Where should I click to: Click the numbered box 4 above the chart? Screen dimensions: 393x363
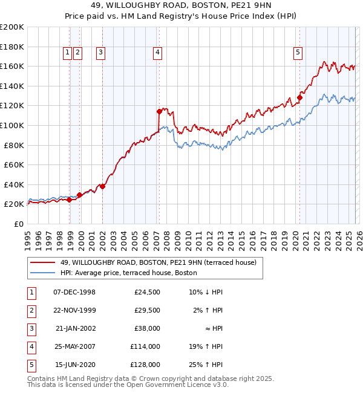click(157, 53)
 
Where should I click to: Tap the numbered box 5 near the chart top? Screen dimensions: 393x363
click(298, 53)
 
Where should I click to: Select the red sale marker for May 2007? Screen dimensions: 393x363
click(159, 111)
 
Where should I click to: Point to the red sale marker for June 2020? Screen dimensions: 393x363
click(299, 97)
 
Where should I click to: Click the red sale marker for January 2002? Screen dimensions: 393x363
click(102, 186)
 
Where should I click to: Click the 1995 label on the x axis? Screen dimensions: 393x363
click(28, 239)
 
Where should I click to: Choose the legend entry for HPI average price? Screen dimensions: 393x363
click(128, 273)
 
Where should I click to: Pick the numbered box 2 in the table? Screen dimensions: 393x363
click(30, 310)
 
